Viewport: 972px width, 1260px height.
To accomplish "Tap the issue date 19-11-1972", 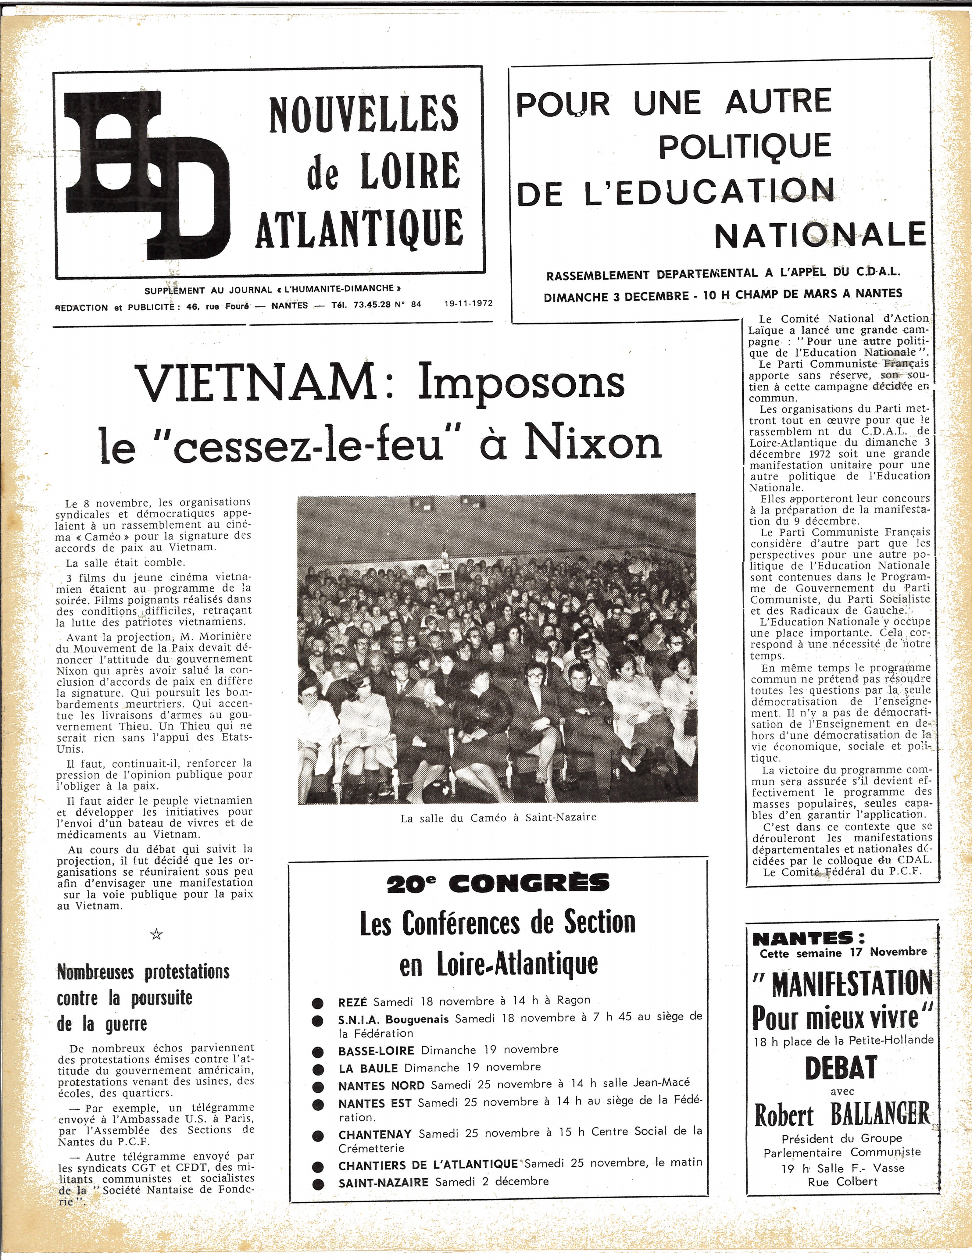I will point(468,303).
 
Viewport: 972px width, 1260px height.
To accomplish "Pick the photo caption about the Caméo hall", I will point(499,818).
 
